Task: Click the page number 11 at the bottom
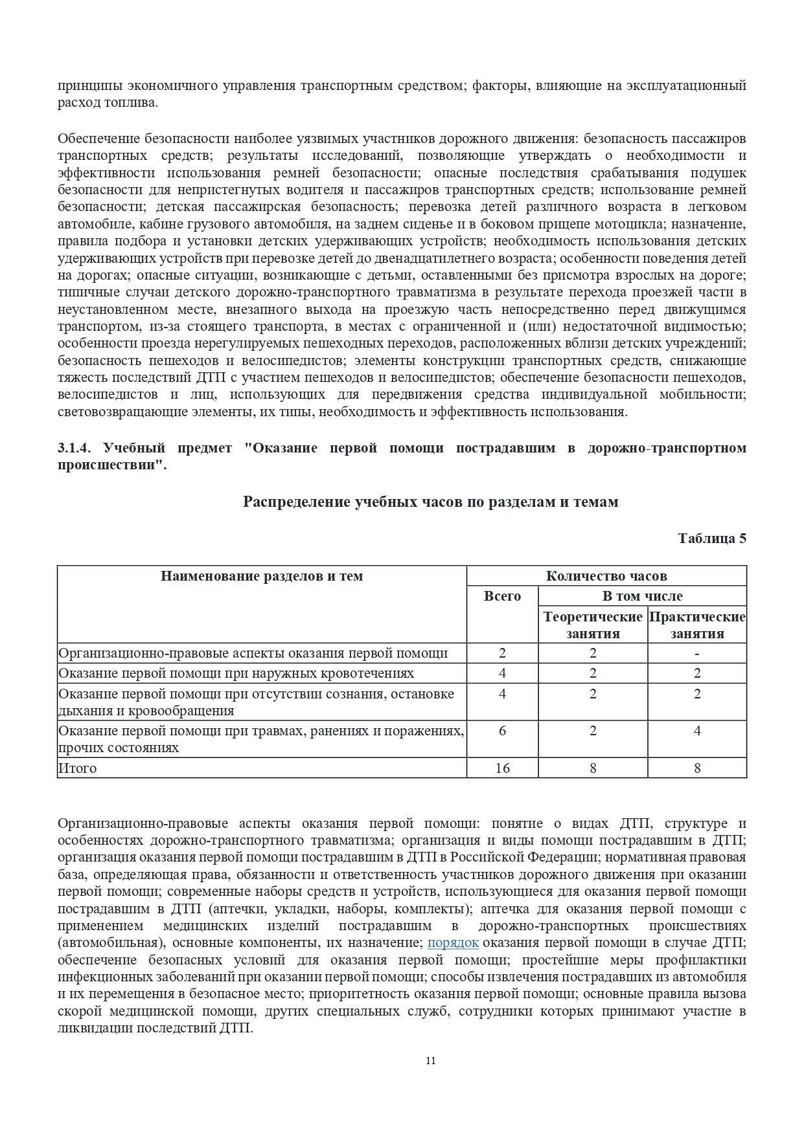[431, 1060]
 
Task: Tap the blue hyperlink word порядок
[453, 942]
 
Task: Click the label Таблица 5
[711, 538]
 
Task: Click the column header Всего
[502, 596]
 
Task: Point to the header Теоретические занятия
[593, 625]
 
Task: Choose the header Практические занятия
[697, 625]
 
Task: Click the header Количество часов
[606, 575]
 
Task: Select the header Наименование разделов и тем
[262, 575]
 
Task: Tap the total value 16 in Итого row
[502, 768]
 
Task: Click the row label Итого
[78, 768]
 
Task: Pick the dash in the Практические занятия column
[697, 653]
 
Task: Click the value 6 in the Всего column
[502, 731]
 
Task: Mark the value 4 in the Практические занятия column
[697, 731]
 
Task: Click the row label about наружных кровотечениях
[236, 673]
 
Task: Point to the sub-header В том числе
[642, 596]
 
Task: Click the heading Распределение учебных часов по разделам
[430, 502]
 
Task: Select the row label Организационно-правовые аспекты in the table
[253, 653]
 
